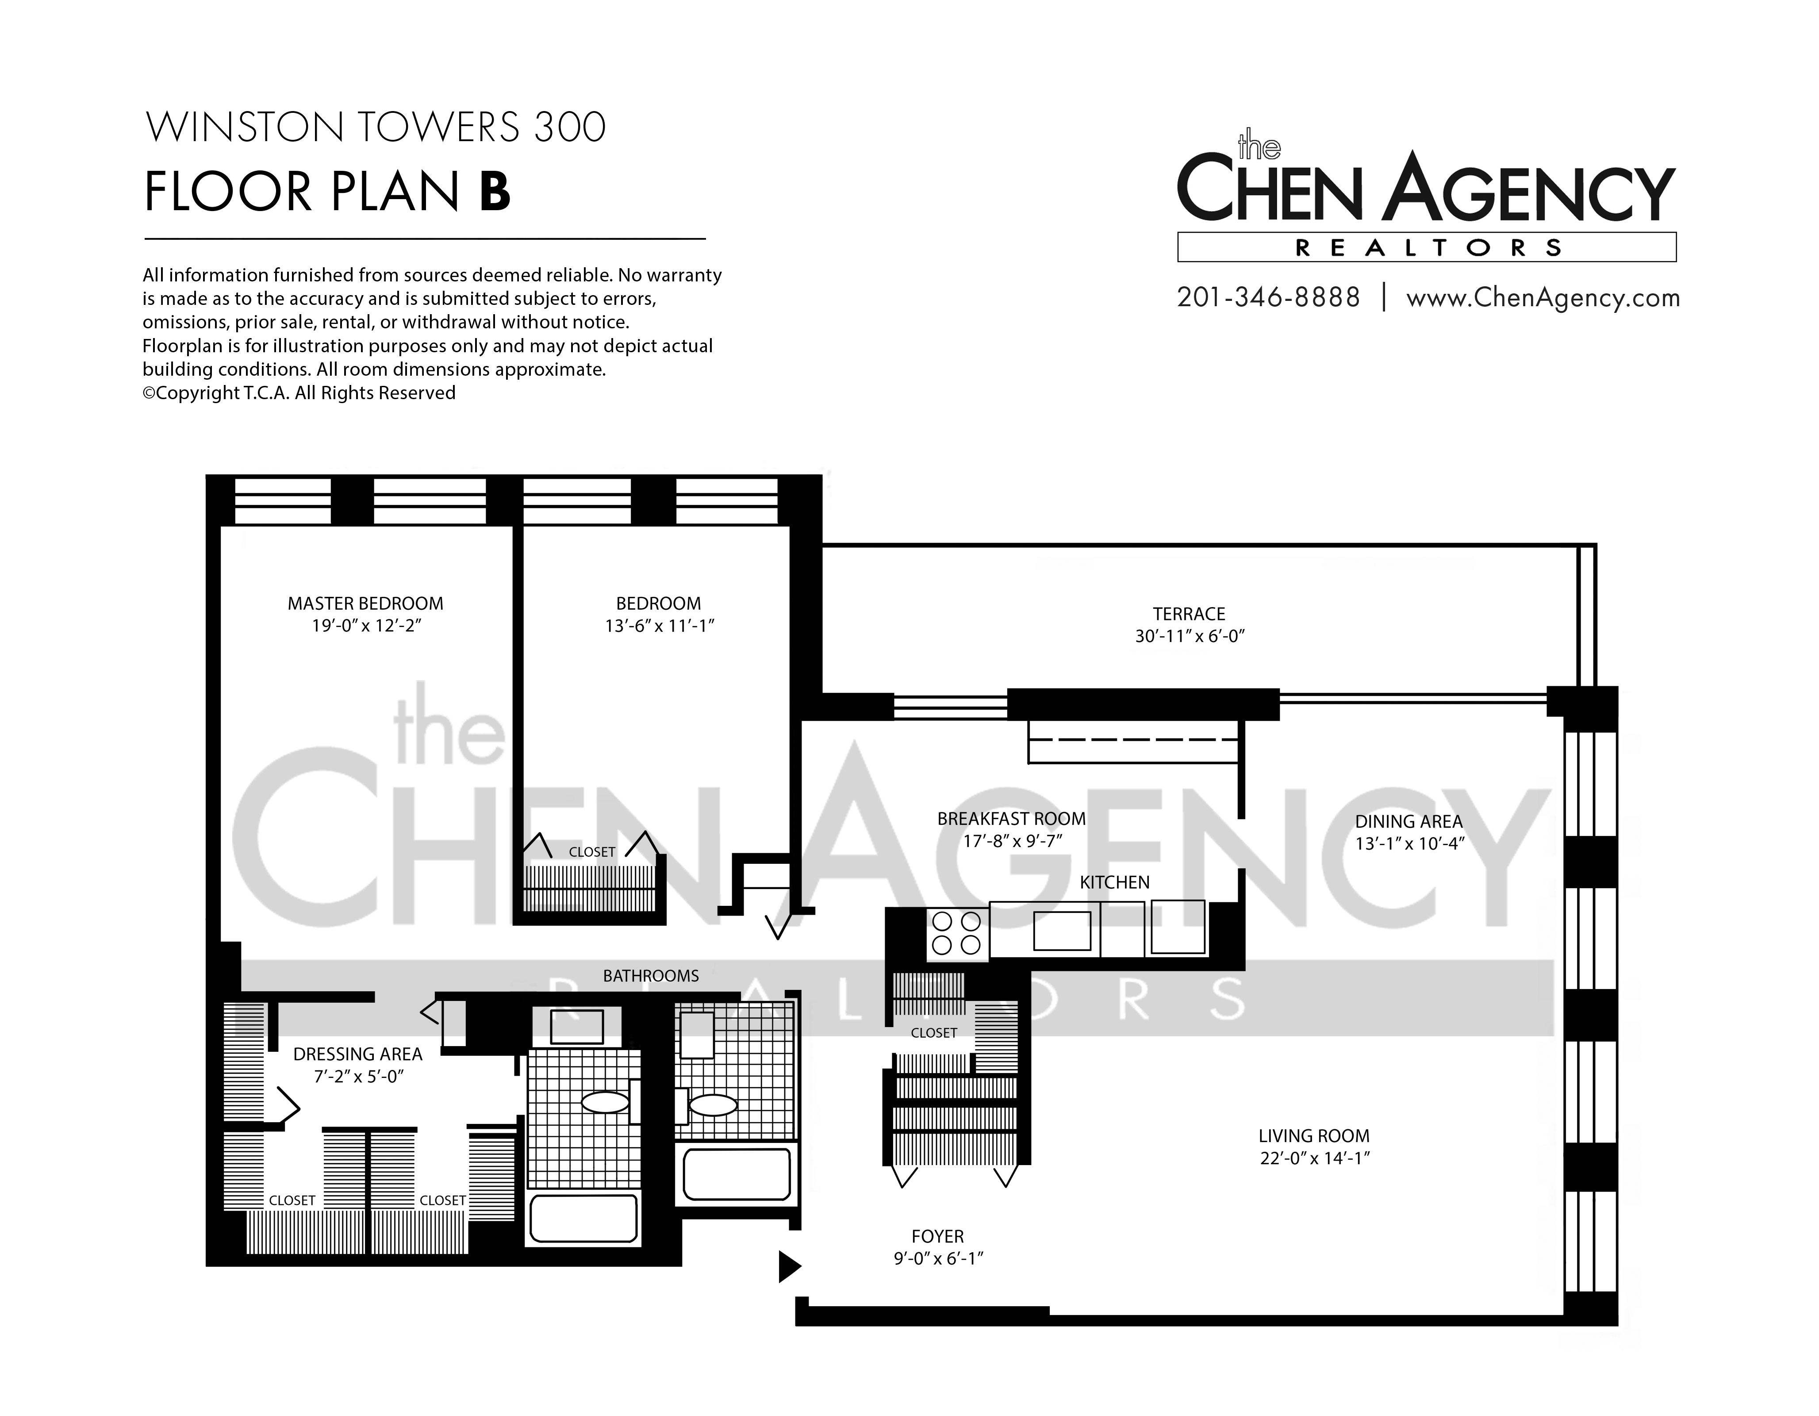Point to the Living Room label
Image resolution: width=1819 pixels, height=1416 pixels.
(1314, 1136)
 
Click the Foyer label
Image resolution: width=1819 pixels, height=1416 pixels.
(938, 1237)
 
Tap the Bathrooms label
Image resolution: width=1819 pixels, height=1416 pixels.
(651, 975)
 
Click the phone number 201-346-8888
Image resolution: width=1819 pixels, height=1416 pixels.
(1268, 297)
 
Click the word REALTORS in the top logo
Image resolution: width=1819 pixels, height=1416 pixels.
(1428, 247)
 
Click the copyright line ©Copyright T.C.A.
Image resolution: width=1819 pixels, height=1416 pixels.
(299, 393)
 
